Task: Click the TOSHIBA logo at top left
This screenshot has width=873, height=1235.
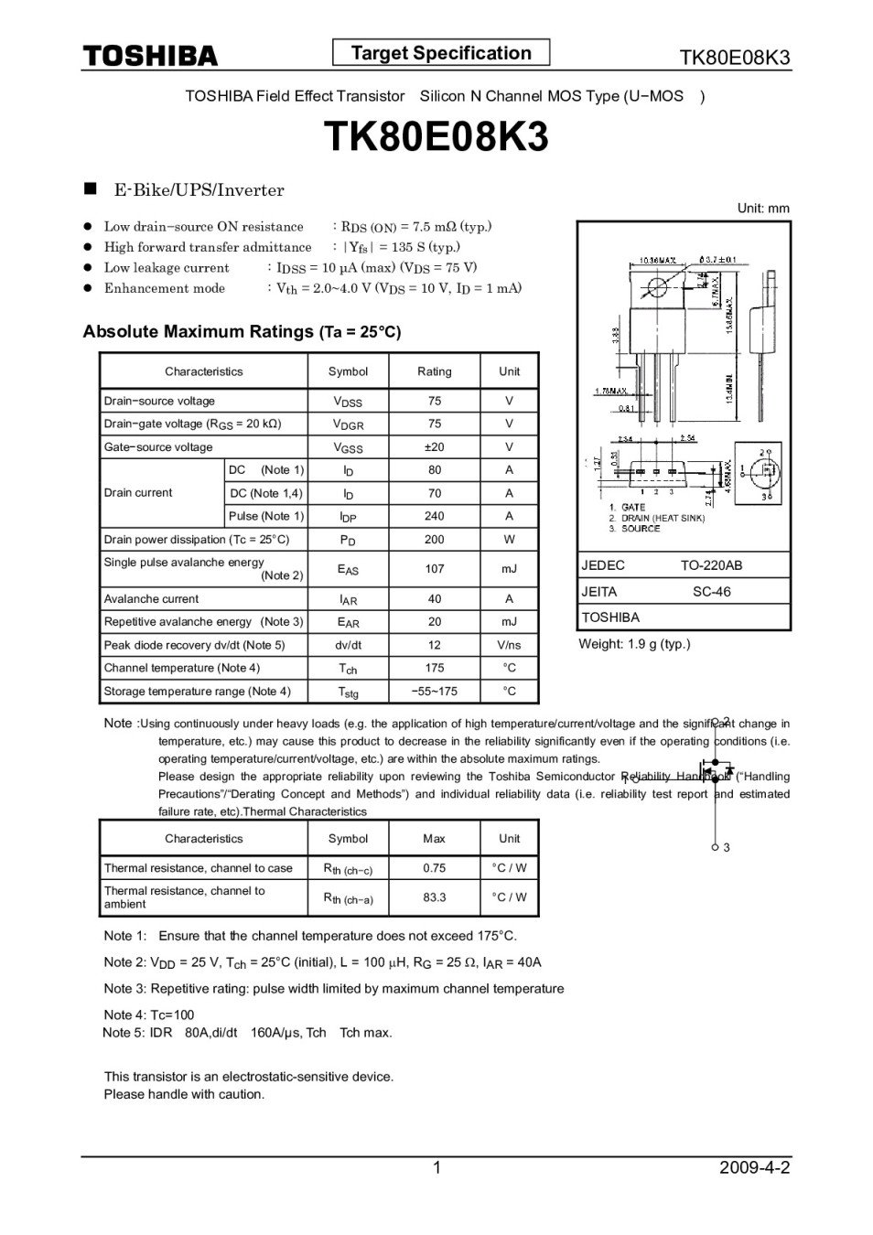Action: click(x=151, y=56)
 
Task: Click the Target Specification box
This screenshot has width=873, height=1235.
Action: click(x=441, y=53)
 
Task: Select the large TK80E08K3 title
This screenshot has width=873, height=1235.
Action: click(x=436, y=137)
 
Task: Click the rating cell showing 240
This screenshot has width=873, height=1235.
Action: click(x=434, y=516)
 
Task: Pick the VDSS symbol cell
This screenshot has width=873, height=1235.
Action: click(x=348, y=402)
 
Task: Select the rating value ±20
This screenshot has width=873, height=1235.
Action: click(x=434, y=446)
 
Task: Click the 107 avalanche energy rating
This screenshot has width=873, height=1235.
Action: click(x=434, y=568)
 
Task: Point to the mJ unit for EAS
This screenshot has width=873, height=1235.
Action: click(x=509, y=568)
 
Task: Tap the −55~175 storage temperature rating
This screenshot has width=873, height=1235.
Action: click(x=434, y=691)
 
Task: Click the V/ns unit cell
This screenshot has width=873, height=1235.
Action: click(x=509, y=645)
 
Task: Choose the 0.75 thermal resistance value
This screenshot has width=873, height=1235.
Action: click(x=434, y=867)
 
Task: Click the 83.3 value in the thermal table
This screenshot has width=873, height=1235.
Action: click(x=434, y=897)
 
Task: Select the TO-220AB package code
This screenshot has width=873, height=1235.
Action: click(x=711, y=565)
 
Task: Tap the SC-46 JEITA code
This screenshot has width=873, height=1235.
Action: click(x=711, y=591)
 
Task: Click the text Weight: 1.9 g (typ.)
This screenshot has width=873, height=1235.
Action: click(x=634, y=644)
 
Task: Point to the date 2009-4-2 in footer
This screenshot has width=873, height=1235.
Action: click(x=754, y=1167)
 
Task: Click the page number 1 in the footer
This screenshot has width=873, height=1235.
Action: click(x=436, y=1167)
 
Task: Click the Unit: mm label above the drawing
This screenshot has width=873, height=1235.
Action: click(x=762, y=209)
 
